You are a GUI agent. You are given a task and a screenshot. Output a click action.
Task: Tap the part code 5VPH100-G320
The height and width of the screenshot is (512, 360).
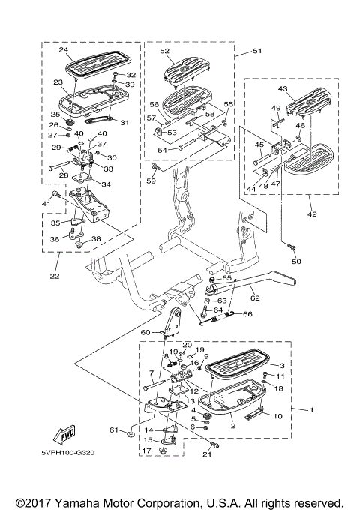pos(68,453)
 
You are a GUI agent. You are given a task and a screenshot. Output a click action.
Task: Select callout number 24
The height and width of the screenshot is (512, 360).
pos(64,50)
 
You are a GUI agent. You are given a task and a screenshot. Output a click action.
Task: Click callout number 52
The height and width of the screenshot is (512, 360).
pos(165,51)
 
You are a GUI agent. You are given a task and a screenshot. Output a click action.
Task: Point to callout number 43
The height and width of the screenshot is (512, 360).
pos(283,88)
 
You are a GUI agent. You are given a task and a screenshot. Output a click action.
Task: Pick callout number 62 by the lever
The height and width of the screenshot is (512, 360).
pos(255,298)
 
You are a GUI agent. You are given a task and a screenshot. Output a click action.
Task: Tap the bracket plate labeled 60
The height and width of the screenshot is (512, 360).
pos(173,322)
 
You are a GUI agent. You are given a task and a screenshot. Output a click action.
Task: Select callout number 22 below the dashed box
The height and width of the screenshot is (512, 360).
pos(55,276)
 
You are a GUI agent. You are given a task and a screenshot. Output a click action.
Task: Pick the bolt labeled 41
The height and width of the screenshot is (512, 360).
pos(55,194)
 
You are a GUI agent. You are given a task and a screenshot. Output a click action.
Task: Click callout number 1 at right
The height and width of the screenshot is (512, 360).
pos(312,410)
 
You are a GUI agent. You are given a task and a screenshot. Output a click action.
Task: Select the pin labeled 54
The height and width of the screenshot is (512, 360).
pos(187,145)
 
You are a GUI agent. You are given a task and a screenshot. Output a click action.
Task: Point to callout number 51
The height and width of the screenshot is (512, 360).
pos(257,51)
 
